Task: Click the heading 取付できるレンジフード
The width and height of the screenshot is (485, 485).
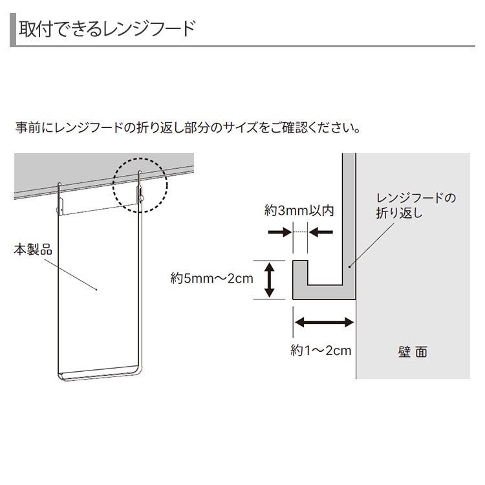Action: pyautogui.click(x=107, y=28)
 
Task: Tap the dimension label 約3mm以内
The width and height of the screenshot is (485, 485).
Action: pyautogui.click(x=299, y=211)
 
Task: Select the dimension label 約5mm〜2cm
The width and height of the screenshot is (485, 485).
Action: pyautogui.click(x=212, y=278)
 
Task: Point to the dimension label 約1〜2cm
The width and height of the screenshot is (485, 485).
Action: pyautogui.click(x=321, y=350)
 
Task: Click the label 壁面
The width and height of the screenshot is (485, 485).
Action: pyautogui.click(x=413, y=352)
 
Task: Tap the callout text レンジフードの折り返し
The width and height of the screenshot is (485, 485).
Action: pyautogui.click(x=416, y=206)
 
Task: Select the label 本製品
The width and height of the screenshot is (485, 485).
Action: pyautogui.click(x=33, y=250)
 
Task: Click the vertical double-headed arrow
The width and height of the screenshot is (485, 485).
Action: pyautogui.click(x=269, y=280)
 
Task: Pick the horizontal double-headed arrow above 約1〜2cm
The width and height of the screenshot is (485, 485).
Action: pyautogui.click(x=324, y=322)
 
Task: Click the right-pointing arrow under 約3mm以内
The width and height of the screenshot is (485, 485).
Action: pyautogui.click(x=279, y=232)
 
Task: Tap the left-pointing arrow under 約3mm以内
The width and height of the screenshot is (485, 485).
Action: pyautogui.click(x=321, y=232)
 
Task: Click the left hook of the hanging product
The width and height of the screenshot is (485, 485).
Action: pyautogui.click(x=60, y=199)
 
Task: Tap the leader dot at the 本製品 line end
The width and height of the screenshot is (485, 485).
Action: pyautogui.click(x=97, y=290)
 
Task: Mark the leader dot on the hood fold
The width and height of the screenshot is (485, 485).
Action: pyautogui.click(x=349, y=266)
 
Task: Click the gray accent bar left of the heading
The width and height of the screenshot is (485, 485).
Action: pyautogui.click(x=13, y=30)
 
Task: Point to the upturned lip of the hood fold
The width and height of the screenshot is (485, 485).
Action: pyautogui.click(x=300, y=273)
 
